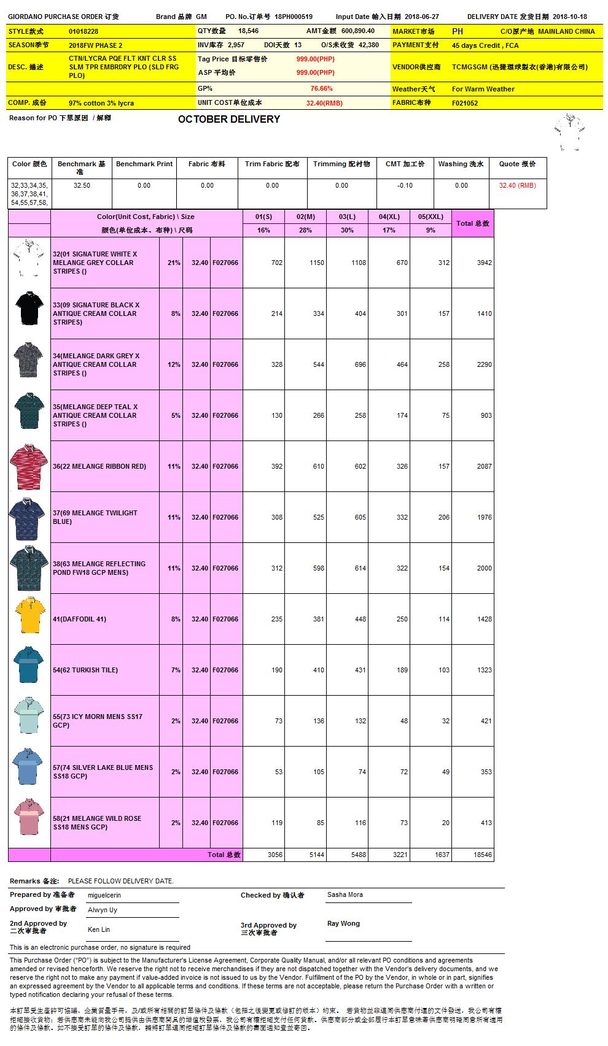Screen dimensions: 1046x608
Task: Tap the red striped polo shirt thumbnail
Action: (x=29, y=466)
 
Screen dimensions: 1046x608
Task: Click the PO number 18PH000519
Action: (x=294, y=17)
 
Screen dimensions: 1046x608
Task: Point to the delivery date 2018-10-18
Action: (x=569, y=17)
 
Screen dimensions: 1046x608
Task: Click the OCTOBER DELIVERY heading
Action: (x=228, y=119)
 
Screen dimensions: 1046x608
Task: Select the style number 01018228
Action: (x=84, y=31)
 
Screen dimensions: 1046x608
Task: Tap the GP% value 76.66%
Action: (x=321, y=89)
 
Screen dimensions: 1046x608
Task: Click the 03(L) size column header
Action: (x=347, y=217)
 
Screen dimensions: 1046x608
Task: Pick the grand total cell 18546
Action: (x=482, y=855)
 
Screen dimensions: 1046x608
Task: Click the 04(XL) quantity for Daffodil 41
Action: (x=402, y=619)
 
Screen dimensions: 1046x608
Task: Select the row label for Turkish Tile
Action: (x=85, y=670)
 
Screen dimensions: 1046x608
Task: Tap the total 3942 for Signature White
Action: (x=484, y=263)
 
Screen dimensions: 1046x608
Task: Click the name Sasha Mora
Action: (x=345, y=894)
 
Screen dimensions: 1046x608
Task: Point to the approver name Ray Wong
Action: (x=343, y=923)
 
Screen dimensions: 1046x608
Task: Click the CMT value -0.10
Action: (x=405, y=185)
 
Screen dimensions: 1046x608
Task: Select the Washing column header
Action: (x=461, y=164)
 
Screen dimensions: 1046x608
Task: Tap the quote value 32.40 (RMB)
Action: (x=517, y=185)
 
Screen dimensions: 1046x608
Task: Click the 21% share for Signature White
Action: (x=174, y=263)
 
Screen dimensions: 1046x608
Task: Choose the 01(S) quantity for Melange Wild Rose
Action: (x=276, y=823)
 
